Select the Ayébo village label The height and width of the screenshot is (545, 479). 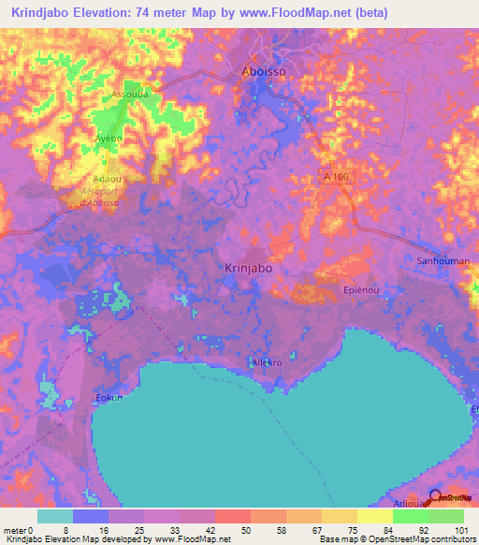(109, 138)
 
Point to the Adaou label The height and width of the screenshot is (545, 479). (106, 177)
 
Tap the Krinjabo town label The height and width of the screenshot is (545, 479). (249, 268)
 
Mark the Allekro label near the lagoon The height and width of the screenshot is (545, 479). (267, 361)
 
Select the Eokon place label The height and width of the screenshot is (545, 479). (109, 397)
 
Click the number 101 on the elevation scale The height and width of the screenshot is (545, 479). (463, 527)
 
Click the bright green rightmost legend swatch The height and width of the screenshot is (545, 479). (446, 515)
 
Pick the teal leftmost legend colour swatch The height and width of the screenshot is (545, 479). (55, 515)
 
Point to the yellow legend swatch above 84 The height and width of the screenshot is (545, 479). (375, 515)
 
